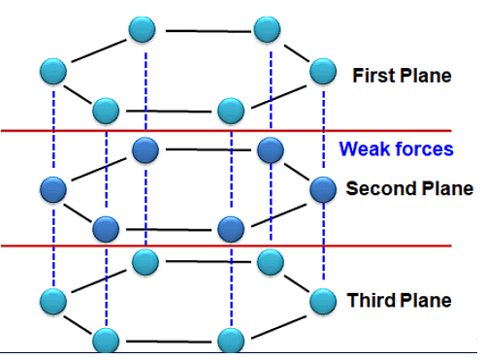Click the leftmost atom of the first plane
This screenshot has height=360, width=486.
coord(54,71)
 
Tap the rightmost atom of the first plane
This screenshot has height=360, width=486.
coord(322,71)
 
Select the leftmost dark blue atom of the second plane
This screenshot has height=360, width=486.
coord(54,188)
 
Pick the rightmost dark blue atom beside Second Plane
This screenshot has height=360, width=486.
coord(322,189)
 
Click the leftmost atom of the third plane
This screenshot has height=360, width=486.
coord(54,301)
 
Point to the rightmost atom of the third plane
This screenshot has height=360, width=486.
coord(322,302)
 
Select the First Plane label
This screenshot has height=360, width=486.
coord(402,76)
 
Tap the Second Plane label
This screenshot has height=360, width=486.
coord(409,188)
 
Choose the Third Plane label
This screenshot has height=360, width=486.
coord(399,300)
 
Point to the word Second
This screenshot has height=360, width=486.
coord(373,188)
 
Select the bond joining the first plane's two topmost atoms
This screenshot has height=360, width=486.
coord(207,30)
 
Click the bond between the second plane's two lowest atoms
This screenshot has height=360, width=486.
coord(168,230)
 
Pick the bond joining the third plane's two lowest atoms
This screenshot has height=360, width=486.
coord(168,341)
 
